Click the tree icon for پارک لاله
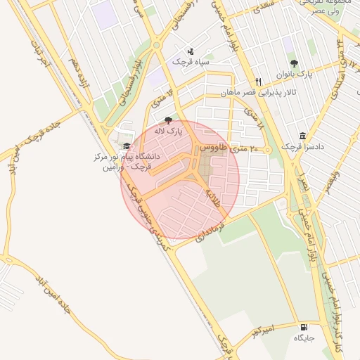167,120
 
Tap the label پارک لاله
169,131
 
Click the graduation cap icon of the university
127,146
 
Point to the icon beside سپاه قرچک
191,51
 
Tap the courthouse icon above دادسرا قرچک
302,136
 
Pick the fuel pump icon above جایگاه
303,327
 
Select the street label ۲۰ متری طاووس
230,149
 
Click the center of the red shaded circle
180,179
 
